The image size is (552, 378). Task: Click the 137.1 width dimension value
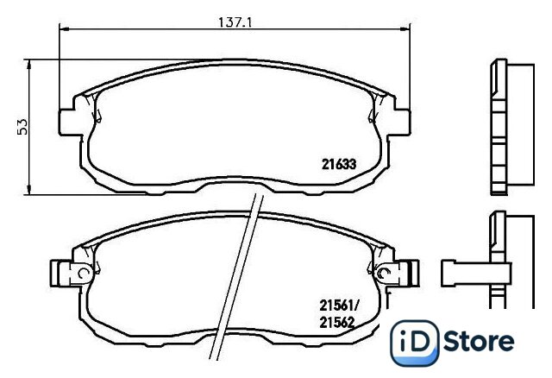tap(235, 22)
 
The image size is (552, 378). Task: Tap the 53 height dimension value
tap(22, 127)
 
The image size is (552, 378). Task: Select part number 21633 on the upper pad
tap(339, 164)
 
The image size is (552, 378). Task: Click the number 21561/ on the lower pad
tap(338, 306)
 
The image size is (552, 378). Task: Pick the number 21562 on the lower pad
tap(337, 323)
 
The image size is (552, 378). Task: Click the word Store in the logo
tap(479, 341)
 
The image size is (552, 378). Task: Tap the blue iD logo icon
tap(415, 343)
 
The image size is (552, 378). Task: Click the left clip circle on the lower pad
tap(83, 273)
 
